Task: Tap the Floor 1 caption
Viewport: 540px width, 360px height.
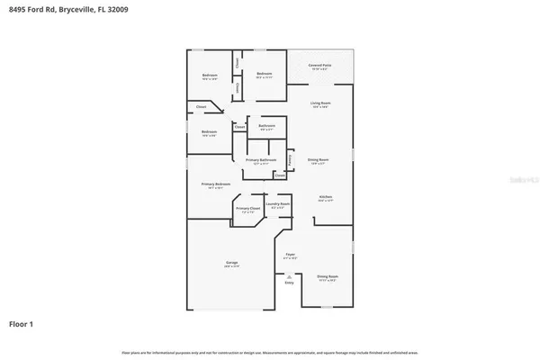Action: (22, 322)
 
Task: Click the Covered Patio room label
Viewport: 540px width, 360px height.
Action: (320, 66)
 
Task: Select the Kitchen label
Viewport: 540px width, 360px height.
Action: (326, 198)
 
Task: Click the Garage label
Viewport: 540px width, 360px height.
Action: (230, 263)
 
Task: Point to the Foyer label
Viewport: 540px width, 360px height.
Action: (290, 255)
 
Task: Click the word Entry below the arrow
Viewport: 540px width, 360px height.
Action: (289, 283)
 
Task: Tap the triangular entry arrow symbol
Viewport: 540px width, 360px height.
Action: (289, 274)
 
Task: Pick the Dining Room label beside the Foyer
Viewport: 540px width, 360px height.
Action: (327, 276)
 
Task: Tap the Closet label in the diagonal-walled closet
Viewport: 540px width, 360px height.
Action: (201, 108)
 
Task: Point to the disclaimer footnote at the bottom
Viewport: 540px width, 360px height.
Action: (269, 350)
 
